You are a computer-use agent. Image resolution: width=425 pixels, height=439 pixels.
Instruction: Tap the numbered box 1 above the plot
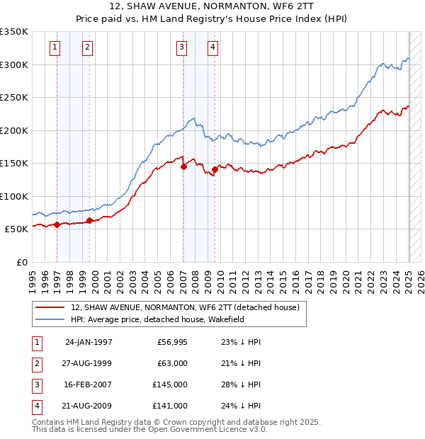[55, 47]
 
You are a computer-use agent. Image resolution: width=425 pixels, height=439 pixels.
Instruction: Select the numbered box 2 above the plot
[86, 47]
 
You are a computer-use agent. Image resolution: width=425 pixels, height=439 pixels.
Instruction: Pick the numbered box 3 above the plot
[182, 47]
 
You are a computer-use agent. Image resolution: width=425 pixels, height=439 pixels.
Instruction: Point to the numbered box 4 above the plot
[212, 47]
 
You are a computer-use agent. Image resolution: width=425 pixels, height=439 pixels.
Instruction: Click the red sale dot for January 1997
[57, 224]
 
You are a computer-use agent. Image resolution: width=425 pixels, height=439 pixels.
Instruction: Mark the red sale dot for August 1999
[90, 220]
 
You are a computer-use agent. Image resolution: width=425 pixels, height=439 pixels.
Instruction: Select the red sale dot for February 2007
[183, 167]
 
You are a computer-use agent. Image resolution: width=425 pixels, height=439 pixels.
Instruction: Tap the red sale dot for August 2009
[215, 169]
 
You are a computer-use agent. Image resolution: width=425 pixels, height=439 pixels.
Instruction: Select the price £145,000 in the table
[170, 384]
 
